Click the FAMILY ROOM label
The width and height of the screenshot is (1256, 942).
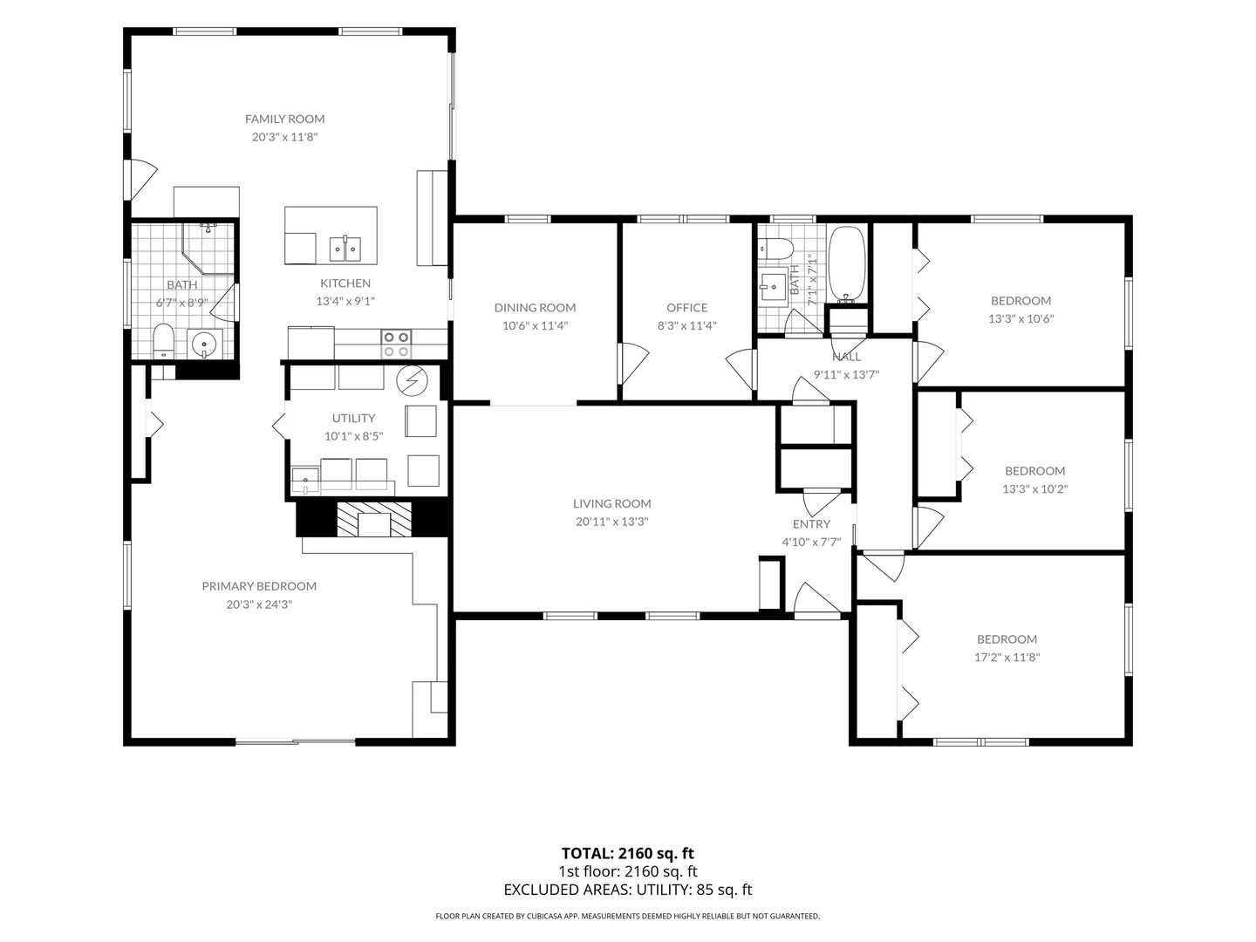pyautogui.click(x=284, y=119)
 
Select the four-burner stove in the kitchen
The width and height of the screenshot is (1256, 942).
pyautogui.click(x=396, y=345)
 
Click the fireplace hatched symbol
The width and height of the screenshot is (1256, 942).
pyautogui.click(x=373, y=519)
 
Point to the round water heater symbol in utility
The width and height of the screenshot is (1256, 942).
pyautogui.click(x=412, y=380)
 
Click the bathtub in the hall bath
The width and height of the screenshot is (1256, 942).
pyautogui.click(x=847, y=265)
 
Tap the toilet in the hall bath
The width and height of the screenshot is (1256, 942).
pyautogui.click(x=775, y=249)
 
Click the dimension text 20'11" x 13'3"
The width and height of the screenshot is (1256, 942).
pyautogui.click(x=611, y=522)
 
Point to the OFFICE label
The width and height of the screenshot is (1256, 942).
pyautogui.click(x=686, y=308)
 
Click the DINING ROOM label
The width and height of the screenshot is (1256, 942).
pyautogui.click(x=535, y=308)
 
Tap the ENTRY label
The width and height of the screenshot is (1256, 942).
pyautogui.click(x=811, y=524)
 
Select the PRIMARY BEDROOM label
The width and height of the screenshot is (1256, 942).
pyautogui.click(x=259, y=586)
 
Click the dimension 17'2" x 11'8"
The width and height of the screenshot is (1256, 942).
pyautogui.click(x=1007, y=657)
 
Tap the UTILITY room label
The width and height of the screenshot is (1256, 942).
pyautogui.click(x=353, y=418)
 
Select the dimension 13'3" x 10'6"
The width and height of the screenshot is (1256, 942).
pyautogui.click(x=1020, y=318)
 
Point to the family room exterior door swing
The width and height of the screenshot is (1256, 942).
pyautogui.click(x=141, y=179)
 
